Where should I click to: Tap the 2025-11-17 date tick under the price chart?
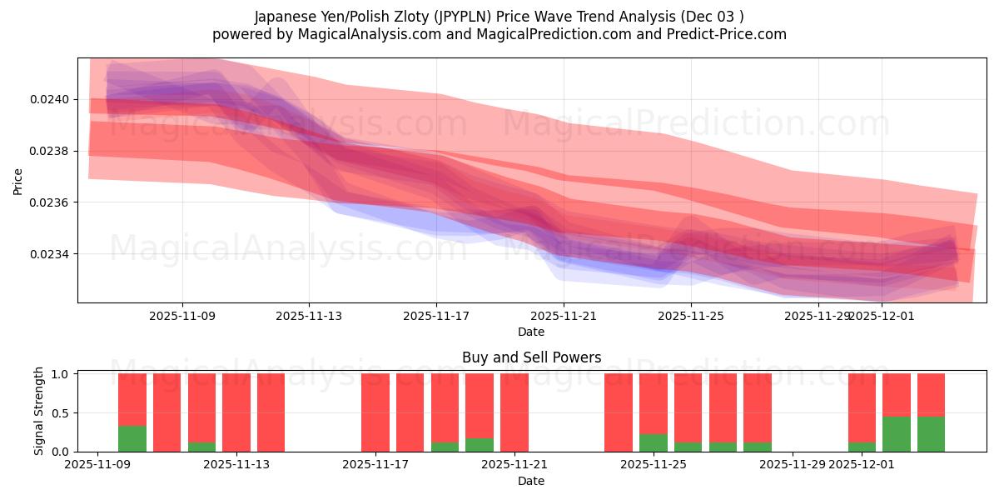click(436, 316)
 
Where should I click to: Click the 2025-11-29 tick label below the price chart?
click(818, 316)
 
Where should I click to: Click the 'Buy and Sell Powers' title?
click(531, 357)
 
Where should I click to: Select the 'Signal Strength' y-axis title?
click(39, 412)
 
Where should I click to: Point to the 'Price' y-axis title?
click(18, 180)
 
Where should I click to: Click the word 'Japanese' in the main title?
click(282, 17)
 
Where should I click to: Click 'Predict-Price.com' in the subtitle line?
click(727, 34)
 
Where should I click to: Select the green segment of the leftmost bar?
click(132, 438)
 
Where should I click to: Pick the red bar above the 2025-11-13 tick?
click(236, 412)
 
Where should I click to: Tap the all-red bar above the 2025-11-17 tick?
click(375, 412)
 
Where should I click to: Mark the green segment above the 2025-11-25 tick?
click(654, 442)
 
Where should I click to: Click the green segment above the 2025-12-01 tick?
click(862, 447)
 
